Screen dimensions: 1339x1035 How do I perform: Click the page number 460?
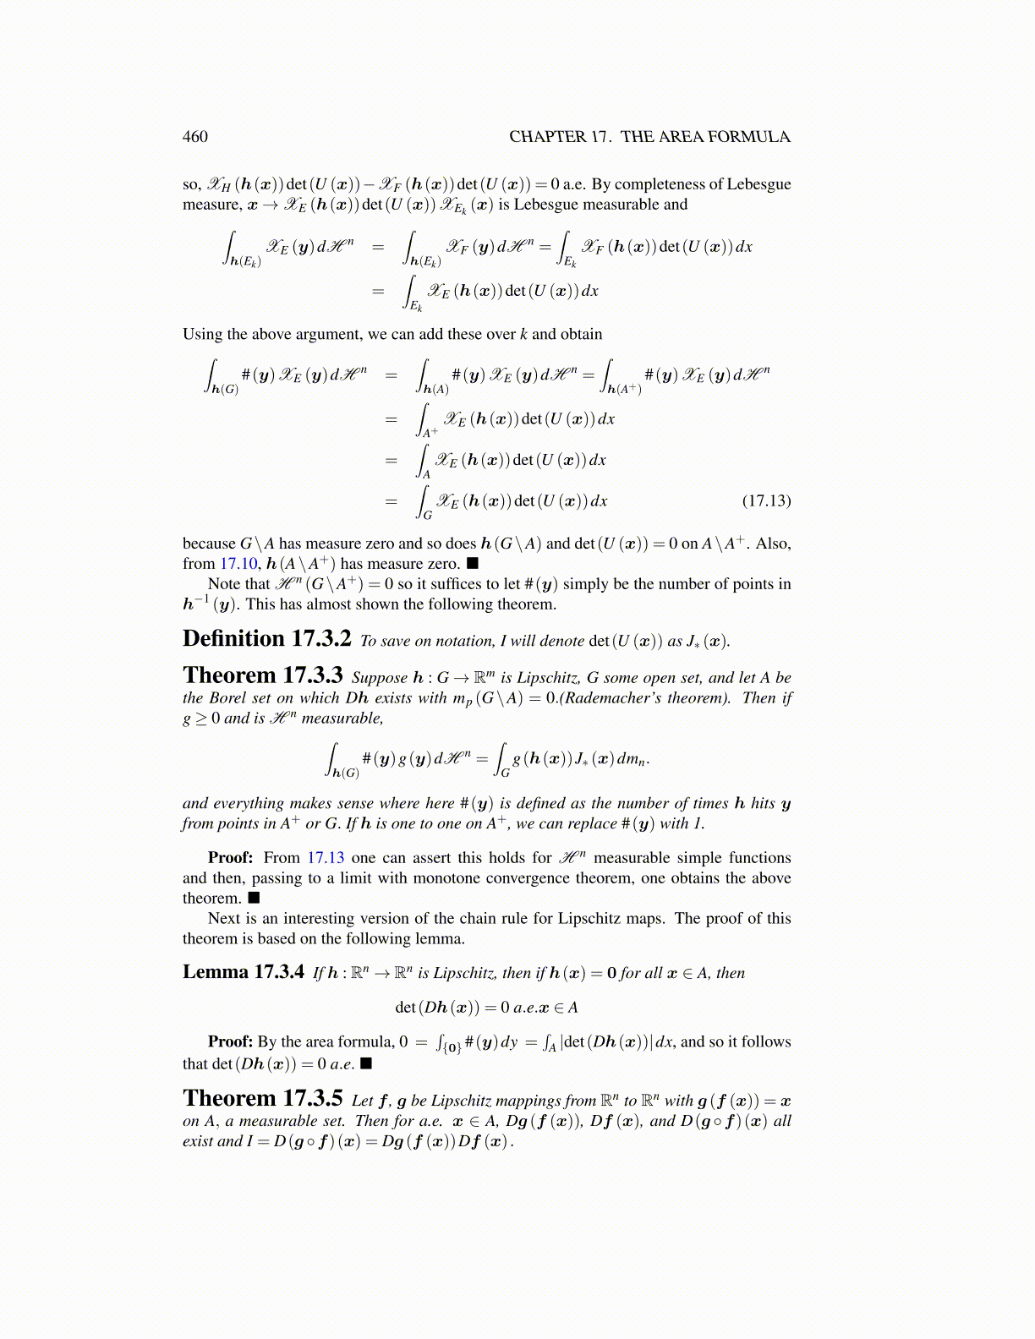click(195, 137)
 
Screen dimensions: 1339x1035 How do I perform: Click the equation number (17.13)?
click(766, 500)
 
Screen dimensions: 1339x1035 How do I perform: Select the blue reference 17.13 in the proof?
click(326, 858)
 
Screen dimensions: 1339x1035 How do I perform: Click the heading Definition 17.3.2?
click(267, 639)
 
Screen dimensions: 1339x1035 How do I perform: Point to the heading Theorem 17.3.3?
click(263, 675)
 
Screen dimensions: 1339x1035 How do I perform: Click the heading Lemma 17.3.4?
click(244, 972)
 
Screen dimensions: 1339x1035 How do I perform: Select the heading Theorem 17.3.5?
click(263, 1098)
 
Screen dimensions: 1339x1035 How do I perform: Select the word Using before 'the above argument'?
click(201, 335)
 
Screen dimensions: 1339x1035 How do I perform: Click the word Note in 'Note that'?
click(224, 584)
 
